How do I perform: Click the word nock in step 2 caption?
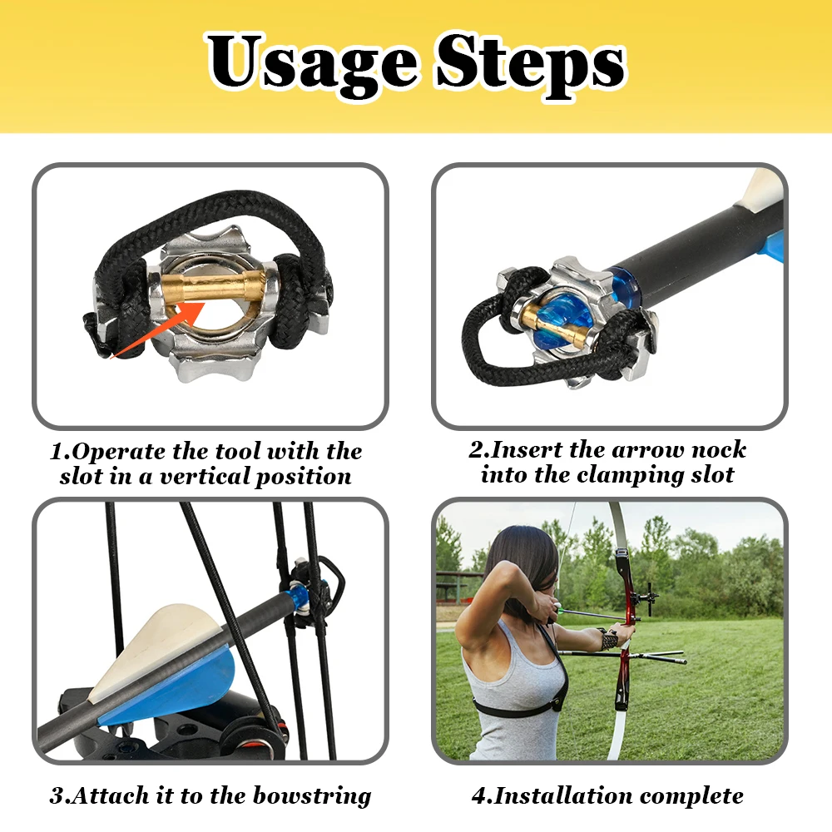[719, 450]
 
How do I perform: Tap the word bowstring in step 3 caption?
[312, 796]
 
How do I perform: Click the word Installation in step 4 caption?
[563, 796]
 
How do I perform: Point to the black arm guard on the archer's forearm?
[605, 638]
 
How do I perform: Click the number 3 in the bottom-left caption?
[57, 796]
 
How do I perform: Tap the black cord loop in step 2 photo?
[480, 339]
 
